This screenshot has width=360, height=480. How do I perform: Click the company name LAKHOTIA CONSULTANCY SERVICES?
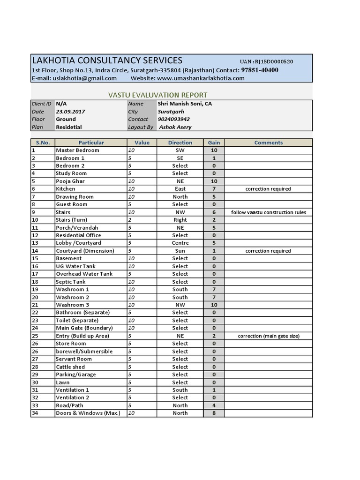pos(107,60)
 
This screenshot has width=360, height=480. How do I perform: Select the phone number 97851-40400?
pos(260,70)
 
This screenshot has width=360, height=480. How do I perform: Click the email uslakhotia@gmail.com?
pos(84,78)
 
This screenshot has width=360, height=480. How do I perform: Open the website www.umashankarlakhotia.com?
pos(201,78)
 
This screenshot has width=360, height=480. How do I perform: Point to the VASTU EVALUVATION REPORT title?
pos(157,95)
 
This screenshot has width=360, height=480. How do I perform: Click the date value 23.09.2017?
pos(70,112)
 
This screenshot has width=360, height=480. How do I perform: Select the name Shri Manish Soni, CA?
pos(185,104)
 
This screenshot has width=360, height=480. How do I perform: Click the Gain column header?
pos(214,142)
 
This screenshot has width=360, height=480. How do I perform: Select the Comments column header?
pos(268,142)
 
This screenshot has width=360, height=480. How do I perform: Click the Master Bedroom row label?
pos(77,150)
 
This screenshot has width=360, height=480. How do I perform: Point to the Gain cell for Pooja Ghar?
pos(214,181)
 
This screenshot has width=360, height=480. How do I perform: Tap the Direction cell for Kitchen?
pos(180,189)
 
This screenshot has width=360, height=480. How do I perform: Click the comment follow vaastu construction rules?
pos(268,212)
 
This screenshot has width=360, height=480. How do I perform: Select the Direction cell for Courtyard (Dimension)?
pos(180,251)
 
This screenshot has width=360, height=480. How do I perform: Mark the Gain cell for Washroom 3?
pos(214,305)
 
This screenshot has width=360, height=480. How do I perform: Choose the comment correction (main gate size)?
pos(268,336)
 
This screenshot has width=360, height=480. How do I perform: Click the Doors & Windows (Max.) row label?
pos(88,413)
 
